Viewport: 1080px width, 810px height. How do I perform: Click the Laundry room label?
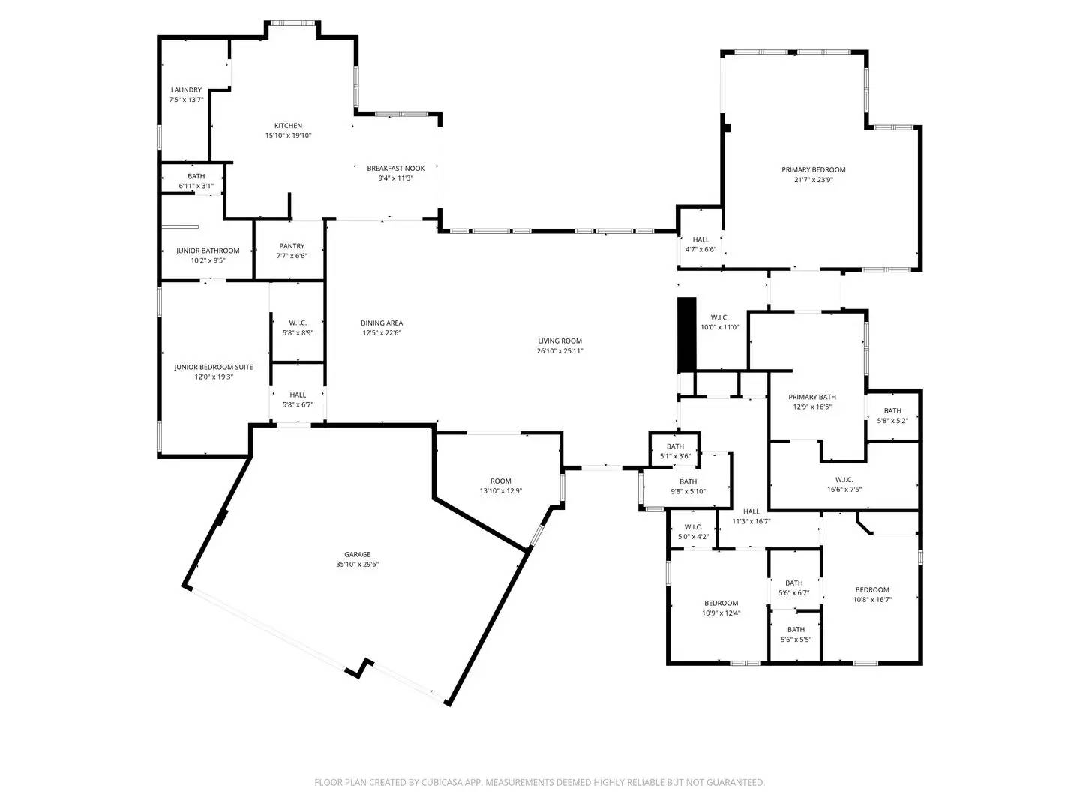185,90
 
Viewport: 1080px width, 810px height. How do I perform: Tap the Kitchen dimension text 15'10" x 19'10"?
288,136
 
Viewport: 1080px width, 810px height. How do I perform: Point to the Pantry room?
292,250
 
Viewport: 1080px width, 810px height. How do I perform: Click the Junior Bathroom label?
208,250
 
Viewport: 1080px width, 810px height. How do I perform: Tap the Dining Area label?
382,323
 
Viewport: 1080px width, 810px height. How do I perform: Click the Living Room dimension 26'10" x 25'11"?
559,351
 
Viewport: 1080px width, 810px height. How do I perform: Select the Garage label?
357,555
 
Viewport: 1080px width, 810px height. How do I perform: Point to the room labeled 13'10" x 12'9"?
500,486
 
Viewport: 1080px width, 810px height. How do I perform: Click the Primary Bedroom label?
813,170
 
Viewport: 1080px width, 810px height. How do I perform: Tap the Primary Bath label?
812,397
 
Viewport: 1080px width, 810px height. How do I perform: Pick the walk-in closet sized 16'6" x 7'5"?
844,484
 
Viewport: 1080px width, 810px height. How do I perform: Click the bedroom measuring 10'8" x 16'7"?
872,594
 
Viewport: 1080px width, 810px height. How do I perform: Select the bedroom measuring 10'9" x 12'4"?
721,607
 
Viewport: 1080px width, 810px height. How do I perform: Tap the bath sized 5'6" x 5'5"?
796,634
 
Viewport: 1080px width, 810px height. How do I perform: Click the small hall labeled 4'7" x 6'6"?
700,244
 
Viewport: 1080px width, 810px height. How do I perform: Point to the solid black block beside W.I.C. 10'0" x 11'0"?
686,334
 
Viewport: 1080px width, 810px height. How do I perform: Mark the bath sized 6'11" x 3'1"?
196,181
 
